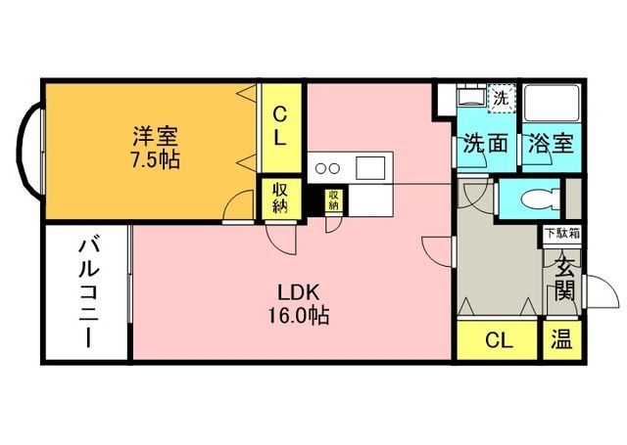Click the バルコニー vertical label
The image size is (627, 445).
tap(86, 292)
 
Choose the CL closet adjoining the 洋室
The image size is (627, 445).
tap(279, 125)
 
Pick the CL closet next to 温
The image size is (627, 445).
tap(499, 341)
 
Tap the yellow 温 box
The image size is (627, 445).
tap(560, 341)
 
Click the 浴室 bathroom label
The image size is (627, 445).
tap(553, 144)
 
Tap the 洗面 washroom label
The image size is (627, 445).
tap(485, 144)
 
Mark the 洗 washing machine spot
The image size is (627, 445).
tap(501, 98)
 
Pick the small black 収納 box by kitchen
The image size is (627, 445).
tap(334, 200)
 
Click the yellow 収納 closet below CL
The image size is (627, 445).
tap(279, 199)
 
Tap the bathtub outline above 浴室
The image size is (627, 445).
tap(553, 104)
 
